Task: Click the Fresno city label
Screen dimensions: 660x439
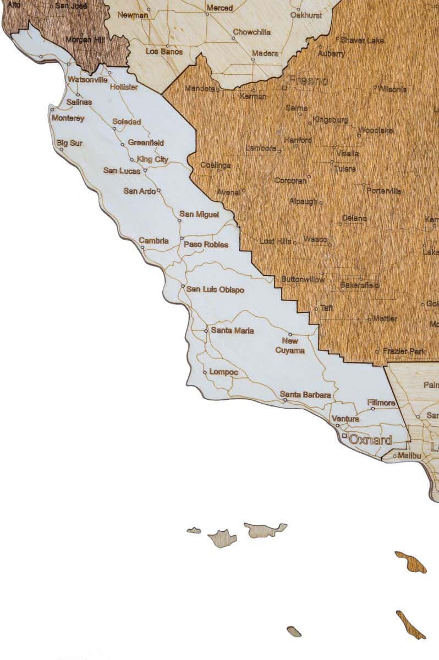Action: click(308, 81)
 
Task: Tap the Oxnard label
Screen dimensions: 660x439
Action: click(371, 440)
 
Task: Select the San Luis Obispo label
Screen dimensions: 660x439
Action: click(215, 289)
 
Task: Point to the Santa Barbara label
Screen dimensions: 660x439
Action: click(305, 394)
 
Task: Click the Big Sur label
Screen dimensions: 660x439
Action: click(69, 143)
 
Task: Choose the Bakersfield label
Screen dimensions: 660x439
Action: click(359, 285)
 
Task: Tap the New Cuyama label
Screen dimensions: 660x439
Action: click(290, 345)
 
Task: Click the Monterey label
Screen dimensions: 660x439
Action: click(67, 118)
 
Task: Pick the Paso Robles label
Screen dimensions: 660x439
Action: click(206, 244)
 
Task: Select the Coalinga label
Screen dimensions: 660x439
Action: click(216, 165)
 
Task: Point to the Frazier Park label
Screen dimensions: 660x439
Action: click(404, 351)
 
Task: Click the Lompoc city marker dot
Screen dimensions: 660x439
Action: click(205, 372)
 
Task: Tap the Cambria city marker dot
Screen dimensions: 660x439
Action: click(142, 248)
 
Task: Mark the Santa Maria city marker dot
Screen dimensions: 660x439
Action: click(206, 331)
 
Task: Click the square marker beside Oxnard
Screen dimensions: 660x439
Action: click(345, 436)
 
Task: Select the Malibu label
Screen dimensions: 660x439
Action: click(409, 455)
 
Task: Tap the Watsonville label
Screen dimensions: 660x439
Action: click(87, 79)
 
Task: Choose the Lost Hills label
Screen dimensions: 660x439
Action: click(276, 241)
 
